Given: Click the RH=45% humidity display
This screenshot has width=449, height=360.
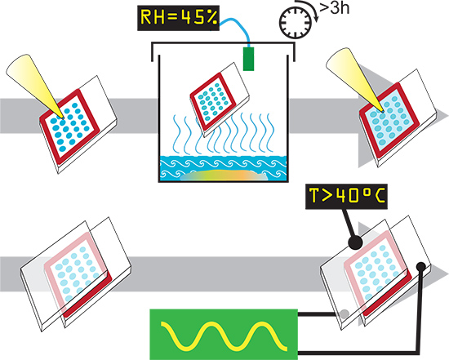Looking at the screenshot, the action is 179,18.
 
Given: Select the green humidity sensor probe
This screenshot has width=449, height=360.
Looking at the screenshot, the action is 248,59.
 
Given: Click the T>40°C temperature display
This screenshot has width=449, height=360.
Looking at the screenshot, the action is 346,197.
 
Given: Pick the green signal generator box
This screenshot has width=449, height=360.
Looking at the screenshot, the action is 224,334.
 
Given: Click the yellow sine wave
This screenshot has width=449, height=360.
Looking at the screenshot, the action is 224,336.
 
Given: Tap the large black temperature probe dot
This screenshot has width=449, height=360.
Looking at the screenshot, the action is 355,243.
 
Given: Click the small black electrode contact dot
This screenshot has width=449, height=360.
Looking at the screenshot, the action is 420,267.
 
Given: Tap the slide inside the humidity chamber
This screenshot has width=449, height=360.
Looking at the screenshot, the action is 220,100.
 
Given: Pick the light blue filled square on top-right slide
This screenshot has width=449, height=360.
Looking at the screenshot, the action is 389,121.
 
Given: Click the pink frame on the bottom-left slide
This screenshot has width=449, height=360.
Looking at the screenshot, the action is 47,275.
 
